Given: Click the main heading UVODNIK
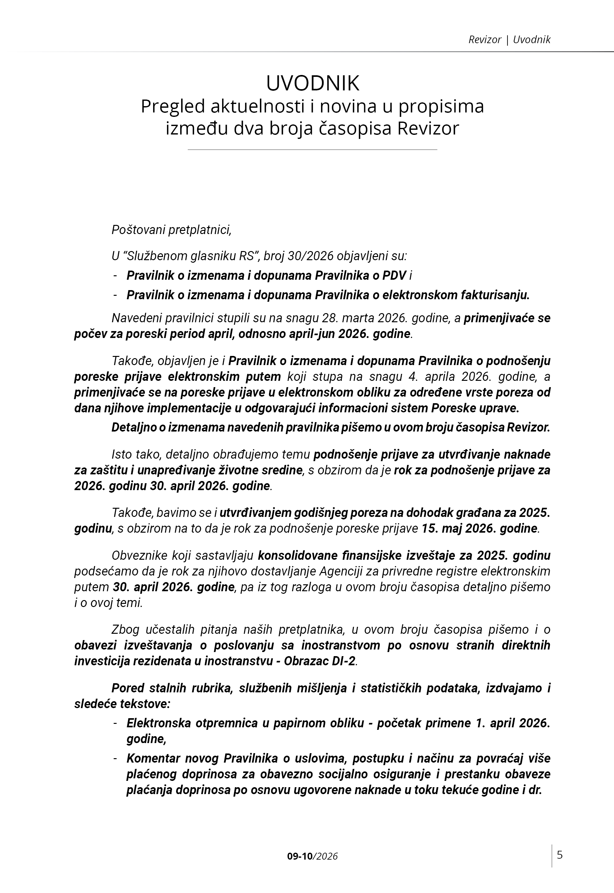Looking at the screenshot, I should pos(313,83).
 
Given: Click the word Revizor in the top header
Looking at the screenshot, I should pos(485,40).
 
